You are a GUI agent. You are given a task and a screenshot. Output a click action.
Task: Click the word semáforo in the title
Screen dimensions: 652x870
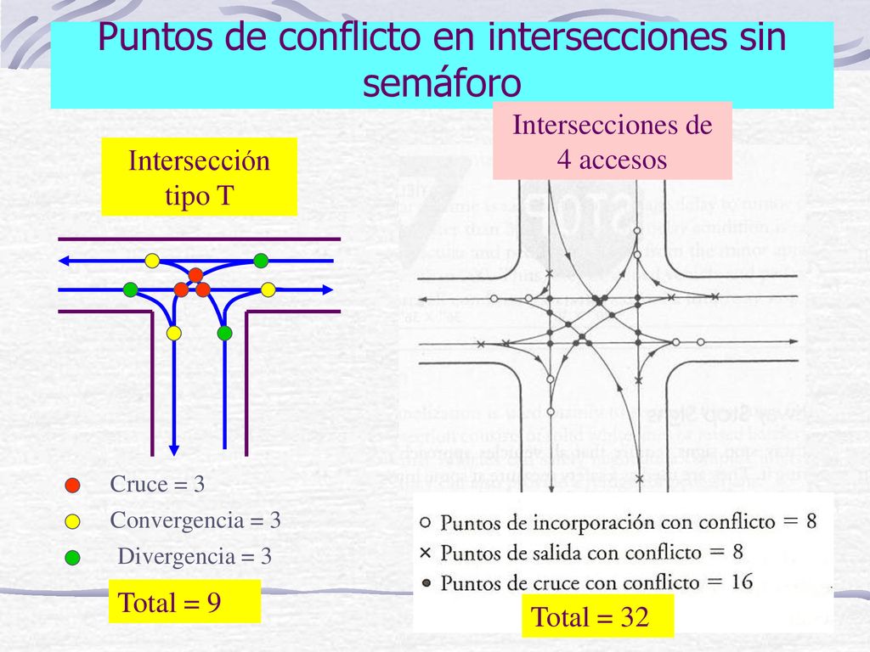tap(441, 82)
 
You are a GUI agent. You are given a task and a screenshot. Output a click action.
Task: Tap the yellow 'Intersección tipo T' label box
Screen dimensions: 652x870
tap(199, 177)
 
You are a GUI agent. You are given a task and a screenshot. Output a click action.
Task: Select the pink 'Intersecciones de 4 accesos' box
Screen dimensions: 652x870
tap(612, 141)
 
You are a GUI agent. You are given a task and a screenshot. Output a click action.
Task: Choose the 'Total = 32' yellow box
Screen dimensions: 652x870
tap(590, 617)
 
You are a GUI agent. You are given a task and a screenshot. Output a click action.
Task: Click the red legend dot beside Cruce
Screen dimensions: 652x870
tap(72, 486)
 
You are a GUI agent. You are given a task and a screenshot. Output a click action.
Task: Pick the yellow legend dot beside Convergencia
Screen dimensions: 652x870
tap(72, 520)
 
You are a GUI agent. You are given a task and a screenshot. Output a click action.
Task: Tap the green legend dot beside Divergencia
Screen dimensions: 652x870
tap(72, 557)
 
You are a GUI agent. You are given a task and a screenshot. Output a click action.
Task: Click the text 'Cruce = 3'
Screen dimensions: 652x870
tap(157, 485)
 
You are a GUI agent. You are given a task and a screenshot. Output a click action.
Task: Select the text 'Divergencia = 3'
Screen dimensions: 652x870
tap(195, 557)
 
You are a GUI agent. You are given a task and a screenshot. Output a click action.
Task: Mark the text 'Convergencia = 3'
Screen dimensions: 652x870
tap(195, 520)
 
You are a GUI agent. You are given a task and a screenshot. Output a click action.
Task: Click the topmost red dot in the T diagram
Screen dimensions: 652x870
tap(195, 275)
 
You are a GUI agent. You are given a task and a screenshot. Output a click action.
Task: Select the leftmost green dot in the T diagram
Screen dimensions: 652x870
tap(130, 289)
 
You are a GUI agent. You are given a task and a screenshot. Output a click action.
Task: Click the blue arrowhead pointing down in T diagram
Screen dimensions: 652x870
tap(174, 448)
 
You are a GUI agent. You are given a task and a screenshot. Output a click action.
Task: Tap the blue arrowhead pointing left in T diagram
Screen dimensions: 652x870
tap(65, 260)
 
